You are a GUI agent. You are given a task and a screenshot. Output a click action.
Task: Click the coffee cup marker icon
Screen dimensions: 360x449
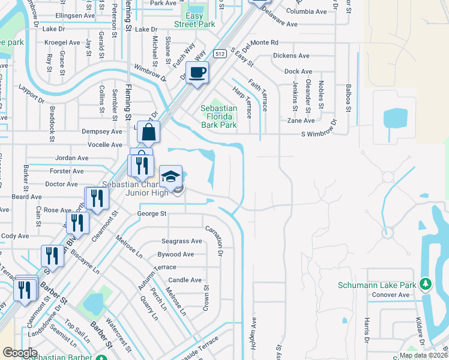(x=197, y=73)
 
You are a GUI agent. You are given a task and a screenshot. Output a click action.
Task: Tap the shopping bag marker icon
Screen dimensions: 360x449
(x=148, y=131)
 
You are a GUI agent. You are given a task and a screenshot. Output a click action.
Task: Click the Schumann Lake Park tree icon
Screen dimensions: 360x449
(x=426, y=283)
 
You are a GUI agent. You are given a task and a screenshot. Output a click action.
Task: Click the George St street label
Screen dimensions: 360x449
(x=151, y=214)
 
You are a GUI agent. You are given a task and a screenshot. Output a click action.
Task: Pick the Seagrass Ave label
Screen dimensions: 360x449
(x=180, y=241)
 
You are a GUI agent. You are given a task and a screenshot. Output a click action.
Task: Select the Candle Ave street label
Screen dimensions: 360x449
(x=184, y=280)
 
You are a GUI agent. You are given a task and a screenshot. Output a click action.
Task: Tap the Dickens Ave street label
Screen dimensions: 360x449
(x=291, y=56)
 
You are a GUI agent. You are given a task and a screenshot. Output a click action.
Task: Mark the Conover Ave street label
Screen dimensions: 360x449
(x=390, y=295)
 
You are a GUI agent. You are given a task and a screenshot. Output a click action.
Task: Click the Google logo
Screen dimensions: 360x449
(x=19, y=353)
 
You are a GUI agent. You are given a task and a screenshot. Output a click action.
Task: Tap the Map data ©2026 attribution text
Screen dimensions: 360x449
(x=423, y=356)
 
